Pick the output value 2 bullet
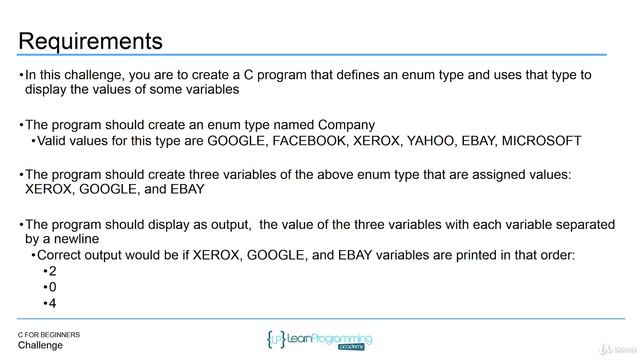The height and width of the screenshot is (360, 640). click(x=53, y=271)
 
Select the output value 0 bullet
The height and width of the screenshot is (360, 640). click(x=53, y=287)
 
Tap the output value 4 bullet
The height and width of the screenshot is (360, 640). click(x=53, y=303)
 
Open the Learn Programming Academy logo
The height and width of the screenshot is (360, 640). click(x=320, y=340)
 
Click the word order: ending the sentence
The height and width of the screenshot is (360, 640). click(x=555, y=255)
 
